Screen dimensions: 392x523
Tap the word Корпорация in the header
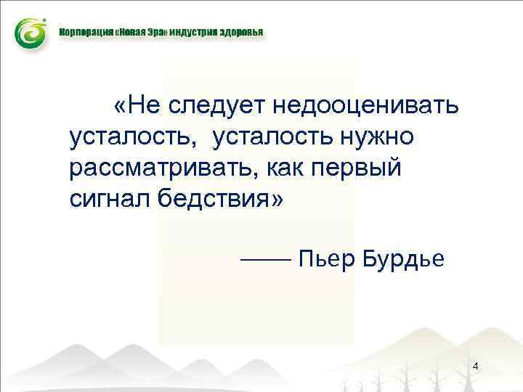coord(84,33)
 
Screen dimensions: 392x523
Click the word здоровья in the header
coord(243,33)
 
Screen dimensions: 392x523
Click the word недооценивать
coord(365,107)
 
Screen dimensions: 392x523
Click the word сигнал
coord(108,197)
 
